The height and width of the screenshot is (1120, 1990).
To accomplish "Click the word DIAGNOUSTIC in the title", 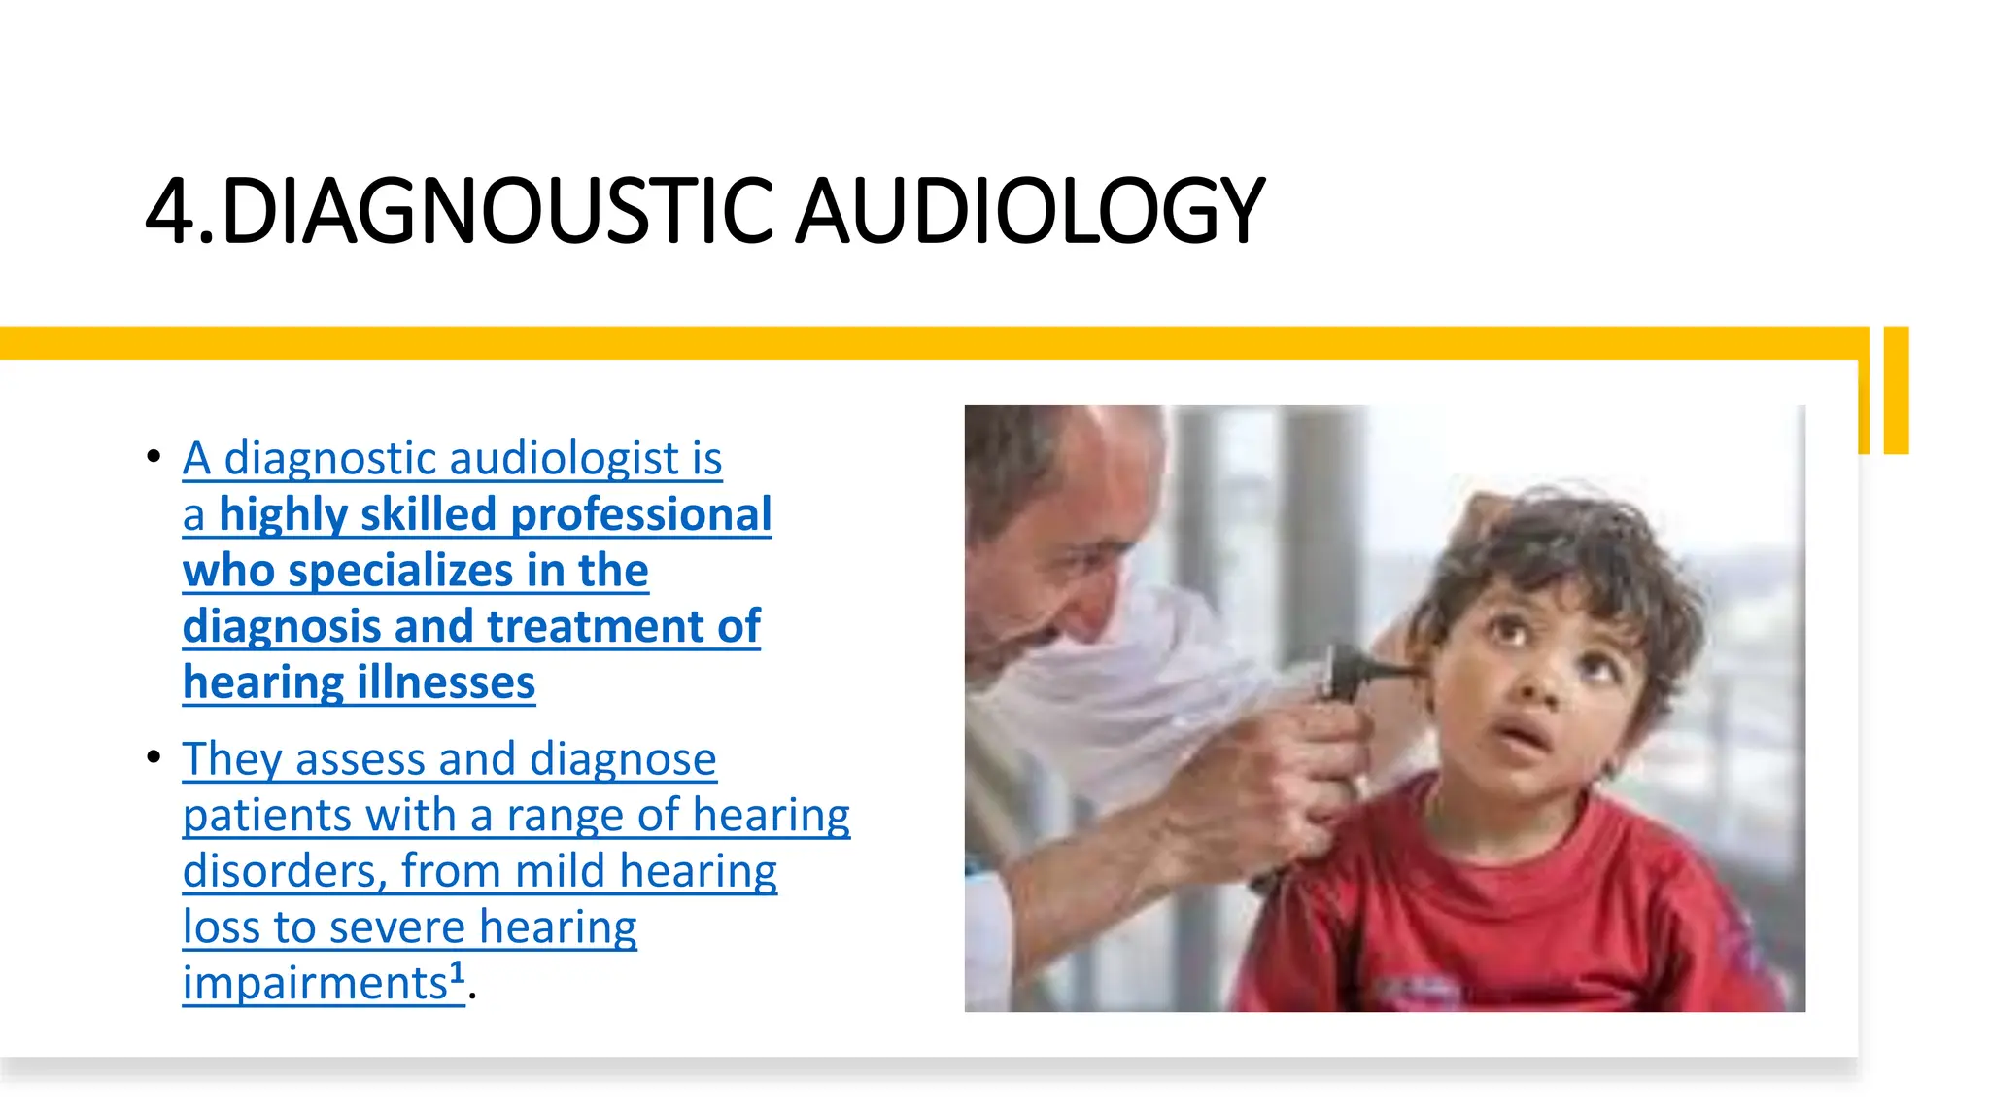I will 497,210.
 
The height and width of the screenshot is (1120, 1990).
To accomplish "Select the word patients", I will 265,815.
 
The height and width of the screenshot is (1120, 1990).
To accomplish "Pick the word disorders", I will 285,871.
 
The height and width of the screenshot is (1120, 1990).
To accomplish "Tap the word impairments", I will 314,983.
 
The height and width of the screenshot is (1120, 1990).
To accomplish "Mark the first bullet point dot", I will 154,455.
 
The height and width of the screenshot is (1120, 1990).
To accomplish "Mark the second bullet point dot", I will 154,756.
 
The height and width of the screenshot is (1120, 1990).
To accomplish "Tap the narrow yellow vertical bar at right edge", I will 1896,390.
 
